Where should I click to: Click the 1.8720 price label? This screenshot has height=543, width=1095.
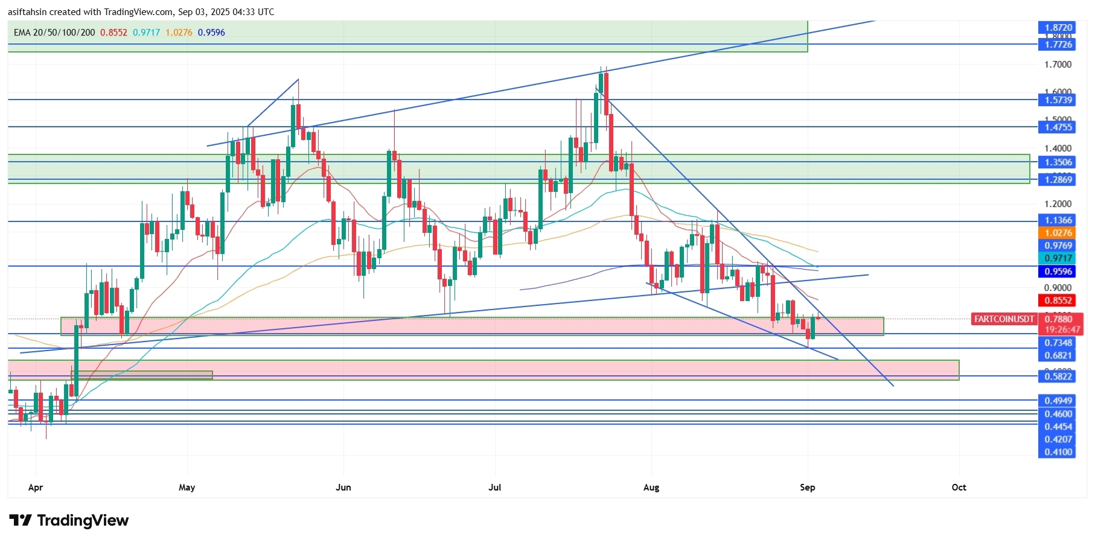click(1058, 28)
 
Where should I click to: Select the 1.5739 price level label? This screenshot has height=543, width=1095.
click(1058, 100)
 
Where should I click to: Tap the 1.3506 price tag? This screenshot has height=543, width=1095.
click(1058, 162)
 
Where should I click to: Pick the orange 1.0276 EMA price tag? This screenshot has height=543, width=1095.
click(1058, 233)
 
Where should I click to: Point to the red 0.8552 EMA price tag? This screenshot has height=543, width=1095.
click(1058, 300)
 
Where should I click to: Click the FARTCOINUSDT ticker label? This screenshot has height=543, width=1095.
click(1004, 319)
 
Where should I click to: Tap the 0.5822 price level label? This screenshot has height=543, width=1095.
click(1058, 376)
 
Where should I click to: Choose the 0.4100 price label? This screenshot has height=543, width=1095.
click(1058, 452)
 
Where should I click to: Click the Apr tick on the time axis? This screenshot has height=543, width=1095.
click(36, 487)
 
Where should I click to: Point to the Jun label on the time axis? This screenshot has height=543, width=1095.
click(343, 487)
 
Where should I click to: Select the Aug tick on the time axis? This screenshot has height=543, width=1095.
click(651, 487)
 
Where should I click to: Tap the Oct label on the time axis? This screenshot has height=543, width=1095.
click(959, 487)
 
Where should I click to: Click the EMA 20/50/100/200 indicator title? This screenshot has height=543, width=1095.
click(54, 33)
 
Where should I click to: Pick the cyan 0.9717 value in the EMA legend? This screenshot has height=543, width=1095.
click(147, 33)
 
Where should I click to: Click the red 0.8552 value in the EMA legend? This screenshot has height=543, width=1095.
click(113, 33)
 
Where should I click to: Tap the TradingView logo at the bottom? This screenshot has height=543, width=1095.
click(69, 521)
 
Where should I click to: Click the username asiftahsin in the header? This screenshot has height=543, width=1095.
click(30, 12)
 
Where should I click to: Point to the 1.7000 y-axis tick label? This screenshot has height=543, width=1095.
click(1058, 65)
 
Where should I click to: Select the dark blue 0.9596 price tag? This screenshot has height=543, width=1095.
click(1058, 271)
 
